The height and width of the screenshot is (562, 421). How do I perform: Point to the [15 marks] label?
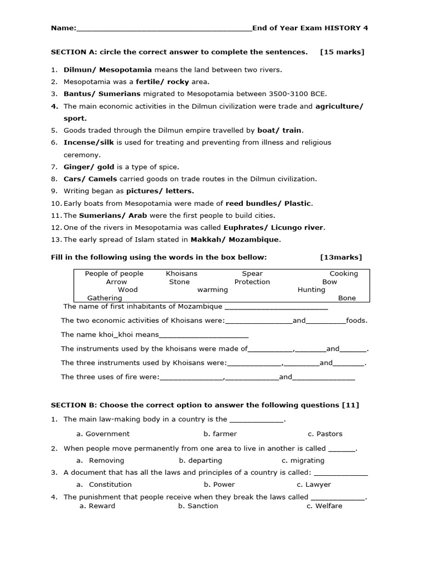pos(342,52)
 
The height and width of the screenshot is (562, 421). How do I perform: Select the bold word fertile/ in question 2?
pos(151,82)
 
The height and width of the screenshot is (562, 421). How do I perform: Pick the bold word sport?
pos(75,118)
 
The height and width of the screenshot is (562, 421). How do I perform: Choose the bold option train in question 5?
pos(292,130)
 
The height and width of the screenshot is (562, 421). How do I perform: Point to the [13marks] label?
pos(341,257)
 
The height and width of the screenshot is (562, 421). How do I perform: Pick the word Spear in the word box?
pos(252,273)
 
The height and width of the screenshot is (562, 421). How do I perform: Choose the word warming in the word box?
pos(212,289)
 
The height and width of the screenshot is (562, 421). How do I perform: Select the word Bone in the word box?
pos(347,298)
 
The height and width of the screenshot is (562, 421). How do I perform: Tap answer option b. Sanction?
pos(198,506)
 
